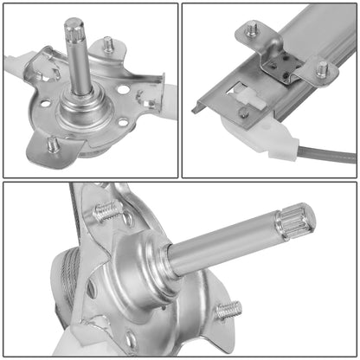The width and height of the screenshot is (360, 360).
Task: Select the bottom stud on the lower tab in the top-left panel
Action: coord(53,144)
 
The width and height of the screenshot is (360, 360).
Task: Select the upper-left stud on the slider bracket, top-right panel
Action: coord(252,30)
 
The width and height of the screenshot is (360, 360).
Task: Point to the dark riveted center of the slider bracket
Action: coord(282,62)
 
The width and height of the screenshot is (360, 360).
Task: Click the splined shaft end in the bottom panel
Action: coord(296,222)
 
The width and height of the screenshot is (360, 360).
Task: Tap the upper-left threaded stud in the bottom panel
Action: coord(107,209)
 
